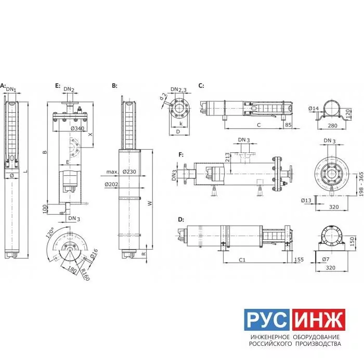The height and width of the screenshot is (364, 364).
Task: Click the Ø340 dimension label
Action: click(77, 128)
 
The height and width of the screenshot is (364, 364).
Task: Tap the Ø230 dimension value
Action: click(129, 172)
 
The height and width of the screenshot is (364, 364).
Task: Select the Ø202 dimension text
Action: click(111, 185)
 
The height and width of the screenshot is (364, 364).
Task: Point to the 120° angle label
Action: click(50, 232)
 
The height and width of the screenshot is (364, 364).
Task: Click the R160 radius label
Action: click(85, 275)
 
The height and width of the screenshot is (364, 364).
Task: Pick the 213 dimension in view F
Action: click(228, 157)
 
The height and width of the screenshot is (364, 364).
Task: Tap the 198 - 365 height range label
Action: click(361, 184)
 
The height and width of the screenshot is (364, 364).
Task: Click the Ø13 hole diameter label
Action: click(306, 200)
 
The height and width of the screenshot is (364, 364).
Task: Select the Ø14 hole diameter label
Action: click(314, 108)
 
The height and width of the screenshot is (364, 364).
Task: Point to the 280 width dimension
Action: click(332, 126)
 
